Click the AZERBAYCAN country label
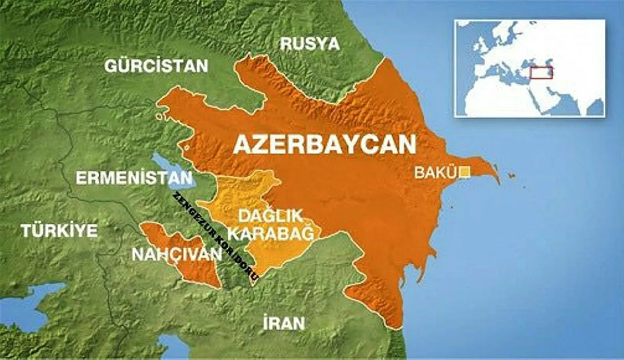click(324, 145)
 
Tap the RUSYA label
click(310, 44)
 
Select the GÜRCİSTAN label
click(156, 66)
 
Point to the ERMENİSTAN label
click(134, 178)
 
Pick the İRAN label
click(283, 323)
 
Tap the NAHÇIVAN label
click(177, 254)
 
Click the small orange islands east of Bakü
click(512, 176)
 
